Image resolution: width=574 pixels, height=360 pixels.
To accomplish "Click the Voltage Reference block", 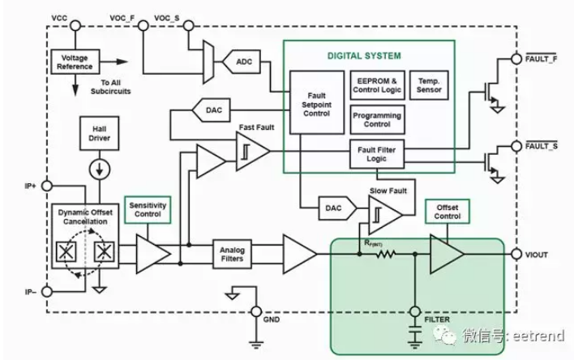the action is click(75, 62).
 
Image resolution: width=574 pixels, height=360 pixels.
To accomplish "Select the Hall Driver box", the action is click(99, 133).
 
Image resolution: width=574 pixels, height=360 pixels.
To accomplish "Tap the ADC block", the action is click(242, 62).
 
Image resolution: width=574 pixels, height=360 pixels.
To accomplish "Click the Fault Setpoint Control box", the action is click(317, 102).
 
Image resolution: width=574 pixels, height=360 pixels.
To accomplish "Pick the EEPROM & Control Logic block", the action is click(377, 85).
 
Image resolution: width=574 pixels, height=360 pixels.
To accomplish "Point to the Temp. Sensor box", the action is click(429, 85).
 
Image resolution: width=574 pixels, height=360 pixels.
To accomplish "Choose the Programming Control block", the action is click(377, 120).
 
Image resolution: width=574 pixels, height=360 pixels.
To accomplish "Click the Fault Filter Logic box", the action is click(377, 154).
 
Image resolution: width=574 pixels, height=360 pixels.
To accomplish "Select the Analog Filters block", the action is click(232, 254).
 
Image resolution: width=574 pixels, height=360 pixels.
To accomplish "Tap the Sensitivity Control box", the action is click(148, 210).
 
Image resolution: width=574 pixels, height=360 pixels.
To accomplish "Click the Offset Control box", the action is click(447, 212).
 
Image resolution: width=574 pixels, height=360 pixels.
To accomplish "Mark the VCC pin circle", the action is click(75, 26).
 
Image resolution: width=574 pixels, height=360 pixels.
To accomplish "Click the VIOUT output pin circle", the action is click(516, 254).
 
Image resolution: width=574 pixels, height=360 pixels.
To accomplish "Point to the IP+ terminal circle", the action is click(47, 186).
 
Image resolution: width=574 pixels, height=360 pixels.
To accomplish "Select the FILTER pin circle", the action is click(415, 311).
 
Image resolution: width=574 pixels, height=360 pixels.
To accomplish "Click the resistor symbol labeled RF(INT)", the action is click(385, 254).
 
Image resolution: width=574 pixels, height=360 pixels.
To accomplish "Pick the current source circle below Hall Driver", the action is click(100, 169).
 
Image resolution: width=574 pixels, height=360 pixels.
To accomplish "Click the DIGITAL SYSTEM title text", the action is click(364, 56).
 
